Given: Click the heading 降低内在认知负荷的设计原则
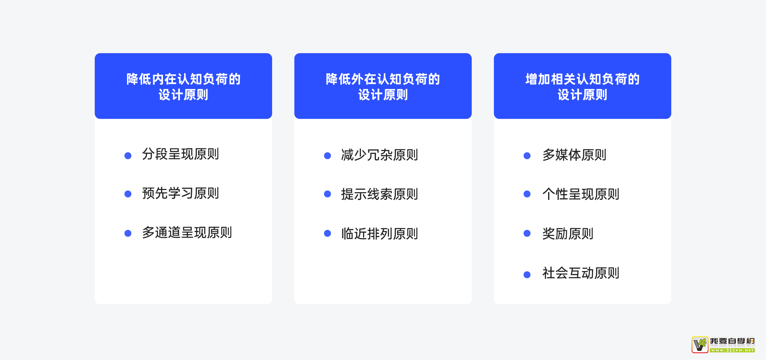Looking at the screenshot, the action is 183,87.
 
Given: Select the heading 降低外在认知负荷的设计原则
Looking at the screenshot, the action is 383,87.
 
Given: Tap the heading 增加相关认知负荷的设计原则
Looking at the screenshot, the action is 583,87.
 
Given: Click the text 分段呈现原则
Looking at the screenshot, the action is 181,154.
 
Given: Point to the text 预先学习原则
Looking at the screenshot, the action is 181,193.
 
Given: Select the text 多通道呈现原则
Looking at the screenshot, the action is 187,233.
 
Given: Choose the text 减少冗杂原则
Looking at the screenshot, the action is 380,155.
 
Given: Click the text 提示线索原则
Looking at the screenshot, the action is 380,194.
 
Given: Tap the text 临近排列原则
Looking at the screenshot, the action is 380,234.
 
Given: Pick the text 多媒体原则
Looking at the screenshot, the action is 574,155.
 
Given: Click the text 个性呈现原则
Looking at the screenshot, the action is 581,194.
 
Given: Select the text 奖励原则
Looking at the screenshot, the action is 568,234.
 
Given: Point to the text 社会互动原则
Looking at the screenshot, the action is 581,273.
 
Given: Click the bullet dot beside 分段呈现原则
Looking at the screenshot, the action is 128,156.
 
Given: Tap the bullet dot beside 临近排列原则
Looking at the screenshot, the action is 327,233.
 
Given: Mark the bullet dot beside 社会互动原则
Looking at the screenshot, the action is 527,275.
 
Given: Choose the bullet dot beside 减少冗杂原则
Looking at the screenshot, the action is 327,156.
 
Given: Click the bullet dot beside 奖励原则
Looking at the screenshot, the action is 527,233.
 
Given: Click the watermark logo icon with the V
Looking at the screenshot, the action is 700,345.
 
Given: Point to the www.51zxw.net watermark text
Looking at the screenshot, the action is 732,350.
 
